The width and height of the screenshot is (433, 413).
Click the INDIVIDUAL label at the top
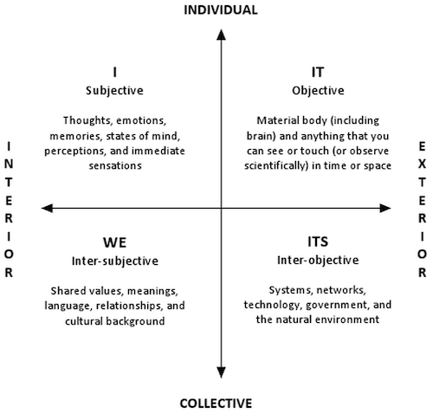(x=221, y=10)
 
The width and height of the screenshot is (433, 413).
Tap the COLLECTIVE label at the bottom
(x=216, y=403)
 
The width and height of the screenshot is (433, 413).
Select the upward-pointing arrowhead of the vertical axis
(x=221, y=35)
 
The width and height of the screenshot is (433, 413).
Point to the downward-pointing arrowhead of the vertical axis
(x=221, y=372)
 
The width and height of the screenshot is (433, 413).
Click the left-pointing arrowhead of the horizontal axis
(x=47, y=208)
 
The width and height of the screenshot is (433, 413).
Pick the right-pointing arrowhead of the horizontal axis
(x=385, y=208)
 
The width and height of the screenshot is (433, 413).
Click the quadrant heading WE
(x=115, y=242)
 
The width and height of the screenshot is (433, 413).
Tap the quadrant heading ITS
(x=318, y=242)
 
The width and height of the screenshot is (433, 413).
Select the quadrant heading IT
(x=318, y=72)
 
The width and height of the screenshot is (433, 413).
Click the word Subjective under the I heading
(x=114, y=91)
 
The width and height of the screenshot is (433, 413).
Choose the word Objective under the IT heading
(x=318, y=91)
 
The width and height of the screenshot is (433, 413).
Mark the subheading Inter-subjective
(x=115, y=261)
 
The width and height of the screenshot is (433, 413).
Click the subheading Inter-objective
(x=318, y=260)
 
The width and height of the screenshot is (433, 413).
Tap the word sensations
(x=115, y=165)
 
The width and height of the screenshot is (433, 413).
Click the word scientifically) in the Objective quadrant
(x=276, y=165)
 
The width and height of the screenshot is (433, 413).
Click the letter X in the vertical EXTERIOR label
(x=422, y=165)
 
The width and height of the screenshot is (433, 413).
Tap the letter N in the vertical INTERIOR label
(x=9, y=165)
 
